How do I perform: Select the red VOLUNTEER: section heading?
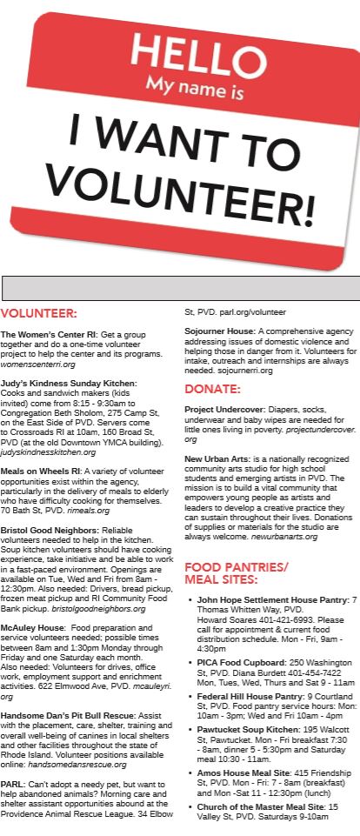pyautogui.click(x=39, y=313)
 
